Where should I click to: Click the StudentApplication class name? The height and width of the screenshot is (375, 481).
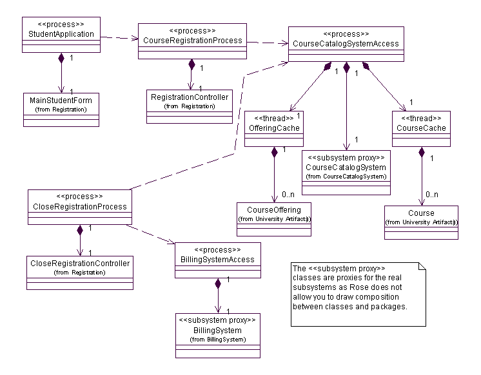(61, 34)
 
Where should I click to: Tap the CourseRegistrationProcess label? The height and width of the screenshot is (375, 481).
(193, 41)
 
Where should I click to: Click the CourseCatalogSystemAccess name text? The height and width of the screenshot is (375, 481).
(346, 44)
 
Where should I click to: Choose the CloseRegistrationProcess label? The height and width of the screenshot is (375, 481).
(79, 207)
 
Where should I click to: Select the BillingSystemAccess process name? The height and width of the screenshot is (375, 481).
(218, 260)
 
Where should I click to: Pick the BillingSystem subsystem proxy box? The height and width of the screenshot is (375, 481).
(218, 335)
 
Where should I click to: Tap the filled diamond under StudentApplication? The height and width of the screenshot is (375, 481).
(61, 58)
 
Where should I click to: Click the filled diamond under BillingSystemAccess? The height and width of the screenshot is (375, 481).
(218, 283)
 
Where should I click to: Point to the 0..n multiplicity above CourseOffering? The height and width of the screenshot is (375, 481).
(288, 194)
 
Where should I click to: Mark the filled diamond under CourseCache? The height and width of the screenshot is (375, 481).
(421, 153)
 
